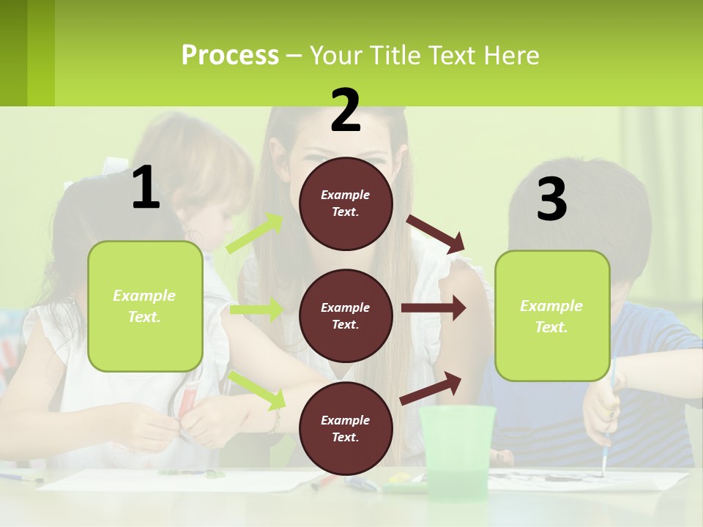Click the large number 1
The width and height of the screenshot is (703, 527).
[x=146, y=188]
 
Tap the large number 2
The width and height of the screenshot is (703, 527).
[x=346, y=111]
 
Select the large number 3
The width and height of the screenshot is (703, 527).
[x=551, y=200]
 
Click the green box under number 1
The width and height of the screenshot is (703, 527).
[x=145, y=306]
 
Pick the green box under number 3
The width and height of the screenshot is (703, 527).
[x=552, y=315]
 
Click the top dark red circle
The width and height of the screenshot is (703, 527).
[x=346, y=203]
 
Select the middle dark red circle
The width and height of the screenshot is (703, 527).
[x=346, y=315]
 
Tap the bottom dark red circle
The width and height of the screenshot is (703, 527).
[x=346, y=428]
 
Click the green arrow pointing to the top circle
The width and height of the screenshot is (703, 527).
[x=255, y=233]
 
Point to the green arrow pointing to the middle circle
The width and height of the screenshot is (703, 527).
[x=256, y=310]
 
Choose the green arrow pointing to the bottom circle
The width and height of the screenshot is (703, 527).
[x=257, y=389]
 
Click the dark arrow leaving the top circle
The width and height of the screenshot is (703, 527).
[x=436, y=233]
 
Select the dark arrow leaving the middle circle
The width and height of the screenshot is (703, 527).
[x=433, y=308]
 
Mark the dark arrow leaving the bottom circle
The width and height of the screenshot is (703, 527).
[x=431, y=388]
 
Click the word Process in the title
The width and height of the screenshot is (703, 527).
[x=230, y=55]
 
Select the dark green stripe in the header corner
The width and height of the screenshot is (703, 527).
[x=14, y=53]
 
